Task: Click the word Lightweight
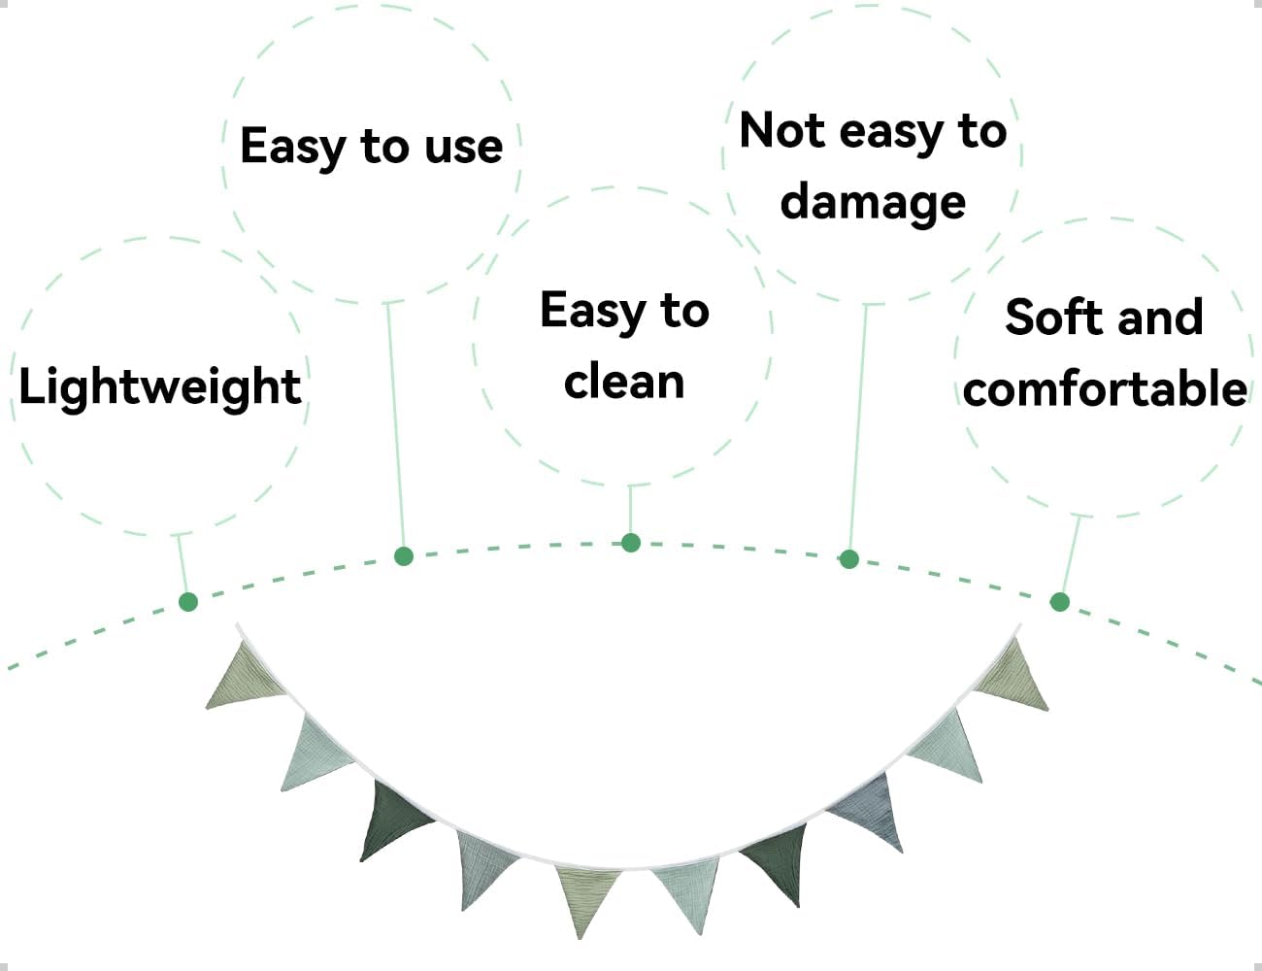(160, 387)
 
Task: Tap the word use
(464, 147)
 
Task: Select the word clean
(624, 382)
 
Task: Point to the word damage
(873, 202)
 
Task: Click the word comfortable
(1105, 389)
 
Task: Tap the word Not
(782, 130)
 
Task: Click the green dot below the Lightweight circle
(188, 602)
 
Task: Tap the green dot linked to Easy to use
(404, 556)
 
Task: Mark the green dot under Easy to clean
(631, 543)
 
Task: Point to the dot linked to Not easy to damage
(849, 559)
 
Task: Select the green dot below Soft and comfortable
(1060, 602)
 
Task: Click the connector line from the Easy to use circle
(395, 427)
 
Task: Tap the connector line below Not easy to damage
(858, 427)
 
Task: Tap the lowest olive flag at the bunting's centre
(585, 895)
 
